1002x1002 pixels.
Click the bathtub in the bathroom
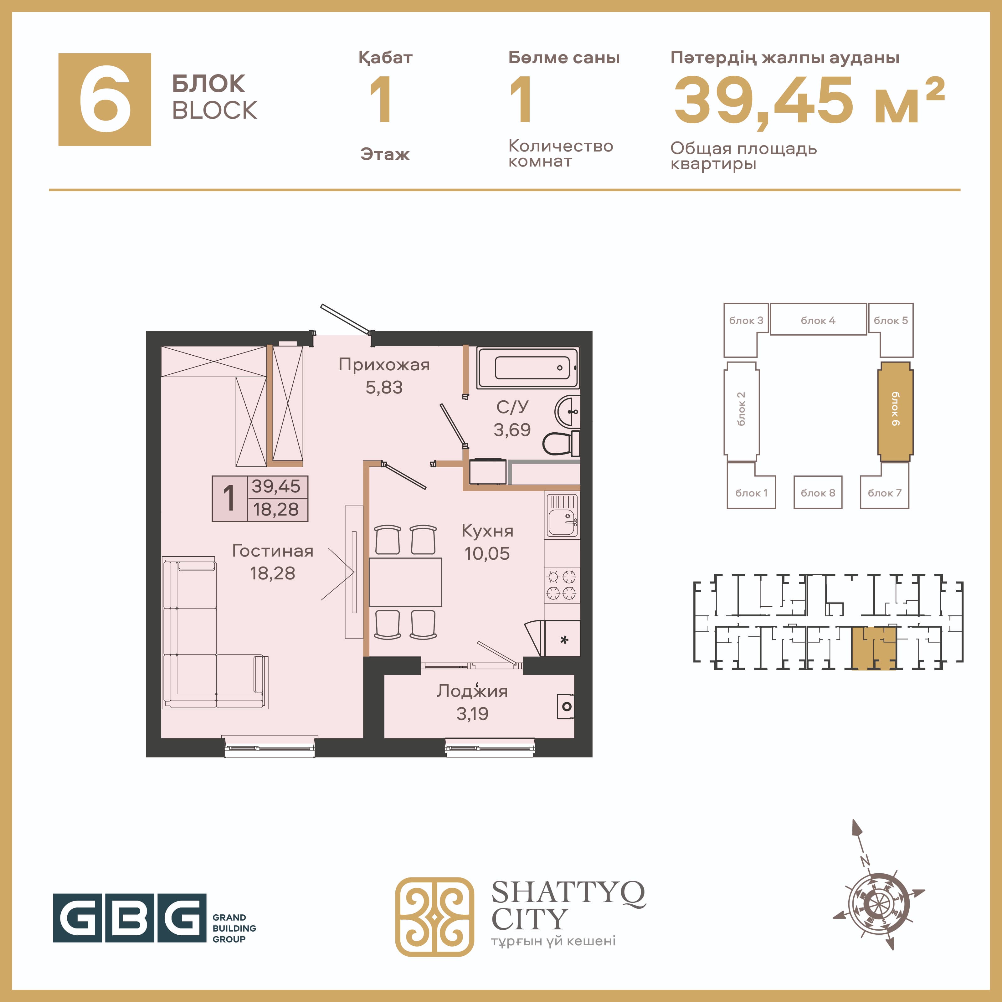point(528,368)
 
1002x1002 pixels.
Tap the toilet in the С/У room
point(561,444)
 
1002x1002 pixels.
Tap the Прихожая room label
point(384,365)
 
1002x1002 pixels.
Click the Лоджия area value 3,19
point(472,714)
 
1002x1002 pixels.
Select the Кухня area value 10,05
point(487,553)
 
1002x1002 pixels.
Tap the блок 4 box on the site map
point(818,320)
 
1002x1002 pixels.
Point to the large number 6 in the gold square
point(105,99)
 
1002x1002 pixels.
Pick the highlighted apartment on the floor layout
point(874,647)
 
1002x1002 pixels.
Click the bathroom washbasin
point(568,412)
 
